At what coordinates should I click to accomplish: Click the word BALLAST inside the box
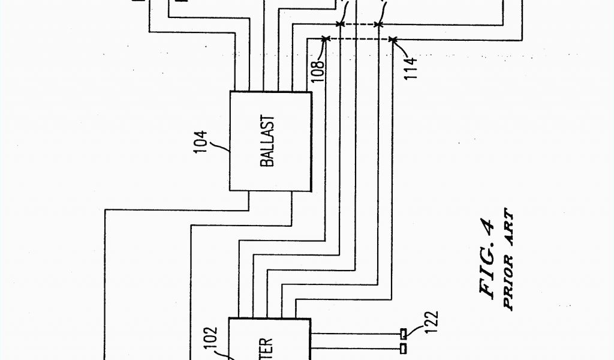267,142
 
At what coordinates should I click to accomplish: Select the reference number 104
200,142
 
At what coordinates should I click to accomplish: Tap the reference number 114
410,68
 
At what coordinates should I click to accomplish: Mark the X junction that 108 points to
325,40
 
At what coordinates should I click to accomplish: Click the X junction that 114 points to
392,40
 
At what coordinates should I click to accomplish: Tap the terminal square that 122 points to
404,333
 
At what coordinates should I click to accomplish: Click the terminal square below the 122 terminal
404,348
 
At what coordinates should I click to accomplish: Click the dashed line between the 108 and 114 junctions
359,40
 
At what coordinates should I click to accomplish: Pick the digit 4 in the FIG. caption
488,226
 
